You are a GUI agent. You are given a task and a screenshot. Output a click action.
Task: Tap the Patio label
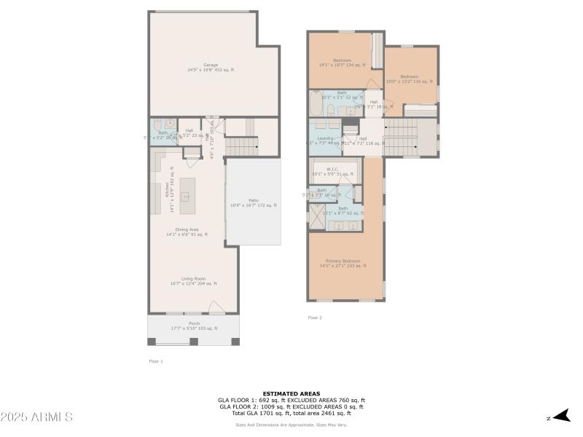pyautogui.click(x=253, y=202)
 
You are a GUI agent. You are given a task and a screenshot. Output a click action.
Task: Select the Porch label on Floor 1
pyautogui.click(x=194, y=326)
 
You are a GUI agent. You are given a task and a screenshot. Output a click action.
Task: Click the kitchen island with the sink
pyautogui.click(x=187, y=194)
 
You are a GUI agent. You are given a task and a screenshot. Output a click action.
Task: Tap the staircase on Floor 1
pyautogui.click(x=242, y=146)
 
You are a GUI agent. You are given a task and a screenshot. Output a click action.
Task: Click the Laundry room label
pyautogui.click(x=325, y=140)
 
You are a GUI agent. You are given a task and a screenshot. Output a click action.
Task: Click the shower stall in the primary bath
pyautogui.click(x=318, y=216)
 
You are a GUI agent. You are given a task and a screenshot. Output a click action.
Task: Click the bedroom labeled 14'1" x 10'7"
pyautogui.click(x=342, y=63)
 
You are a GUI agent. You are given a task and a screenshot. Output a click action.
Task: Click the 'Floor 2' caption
pyautogui.click(x=315, y=318)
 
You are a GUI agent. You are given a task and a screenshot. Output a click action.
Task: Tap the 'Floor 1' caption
pyautogui.click(x=156, y=361)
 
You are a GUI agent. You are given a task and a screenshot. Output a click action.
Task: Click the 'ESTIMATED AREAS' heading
pyautogui.click(x=291, y=393)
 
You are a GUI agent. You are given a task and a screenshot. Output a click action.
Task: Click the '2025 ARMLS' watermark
pyautogui.click(x=36, y=417)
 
